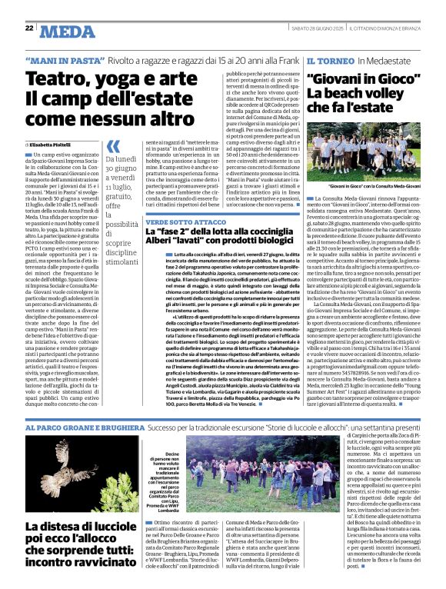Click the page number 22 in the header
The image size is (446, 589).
click(28, 28)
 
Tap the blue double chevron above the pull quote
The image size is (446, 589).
click(113, 146)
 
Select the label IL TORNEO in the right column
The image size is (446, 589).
click(329, 60)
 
